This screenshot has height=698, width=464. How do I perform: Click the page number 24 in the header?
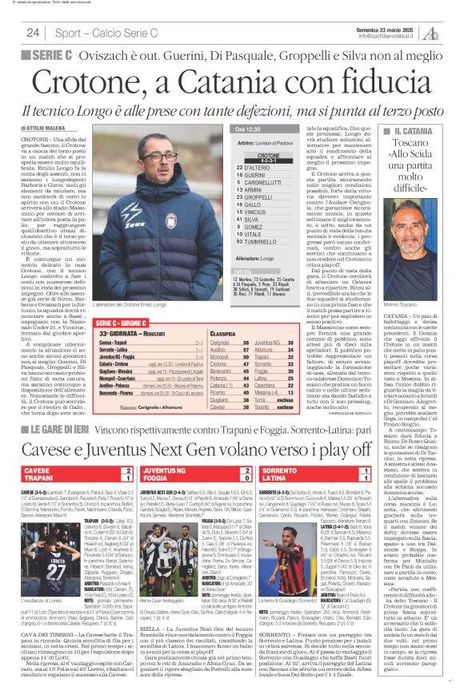point(33,33)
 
